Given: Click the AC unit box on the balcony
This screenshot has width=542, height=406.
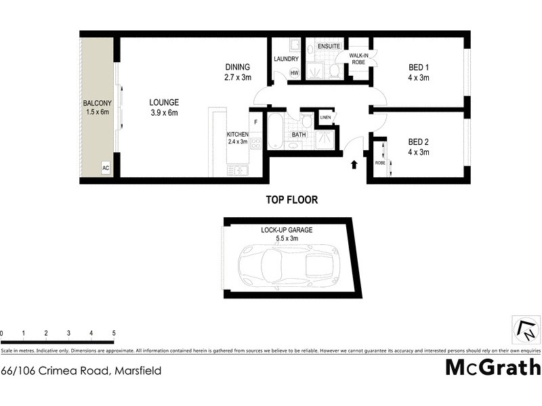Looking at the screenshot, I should point(106,166).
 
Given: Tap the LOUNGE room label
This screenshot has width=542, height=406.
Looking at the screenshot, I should point(164,103).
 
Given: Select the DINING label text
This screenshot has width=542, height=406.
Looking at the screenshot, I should point(238,67).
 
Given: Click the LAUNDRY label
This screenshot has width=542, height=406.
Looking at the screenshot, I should point(286,59).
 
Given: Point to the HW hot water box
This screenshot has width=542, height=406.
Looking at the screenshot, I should point(294,73).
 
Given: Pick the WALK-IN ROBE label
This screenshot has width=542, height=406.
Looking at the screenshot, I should point(358,59).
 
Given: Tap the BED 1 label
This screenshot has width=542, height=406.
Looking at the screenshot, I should point(419,67).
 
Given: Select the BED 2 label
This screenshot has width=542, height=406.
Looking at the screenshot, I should point(419,142).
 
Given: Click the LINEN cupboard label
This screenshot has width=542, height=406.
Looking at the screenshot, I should point(325,118).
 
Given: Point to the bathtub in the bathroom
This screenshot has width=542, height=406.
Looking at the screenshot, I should point(276,131).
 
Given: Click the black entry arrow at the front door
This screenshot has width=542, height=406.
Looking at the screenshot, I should point(353,164).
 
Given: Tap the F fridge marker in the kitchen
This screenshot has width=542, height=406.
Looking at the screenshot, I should point(255,122).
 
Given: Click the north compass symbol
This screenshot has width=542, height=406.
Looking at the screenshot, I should point(526,331).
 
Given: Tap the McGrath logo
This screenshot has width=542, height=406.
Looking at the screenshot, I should point(493,367).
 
